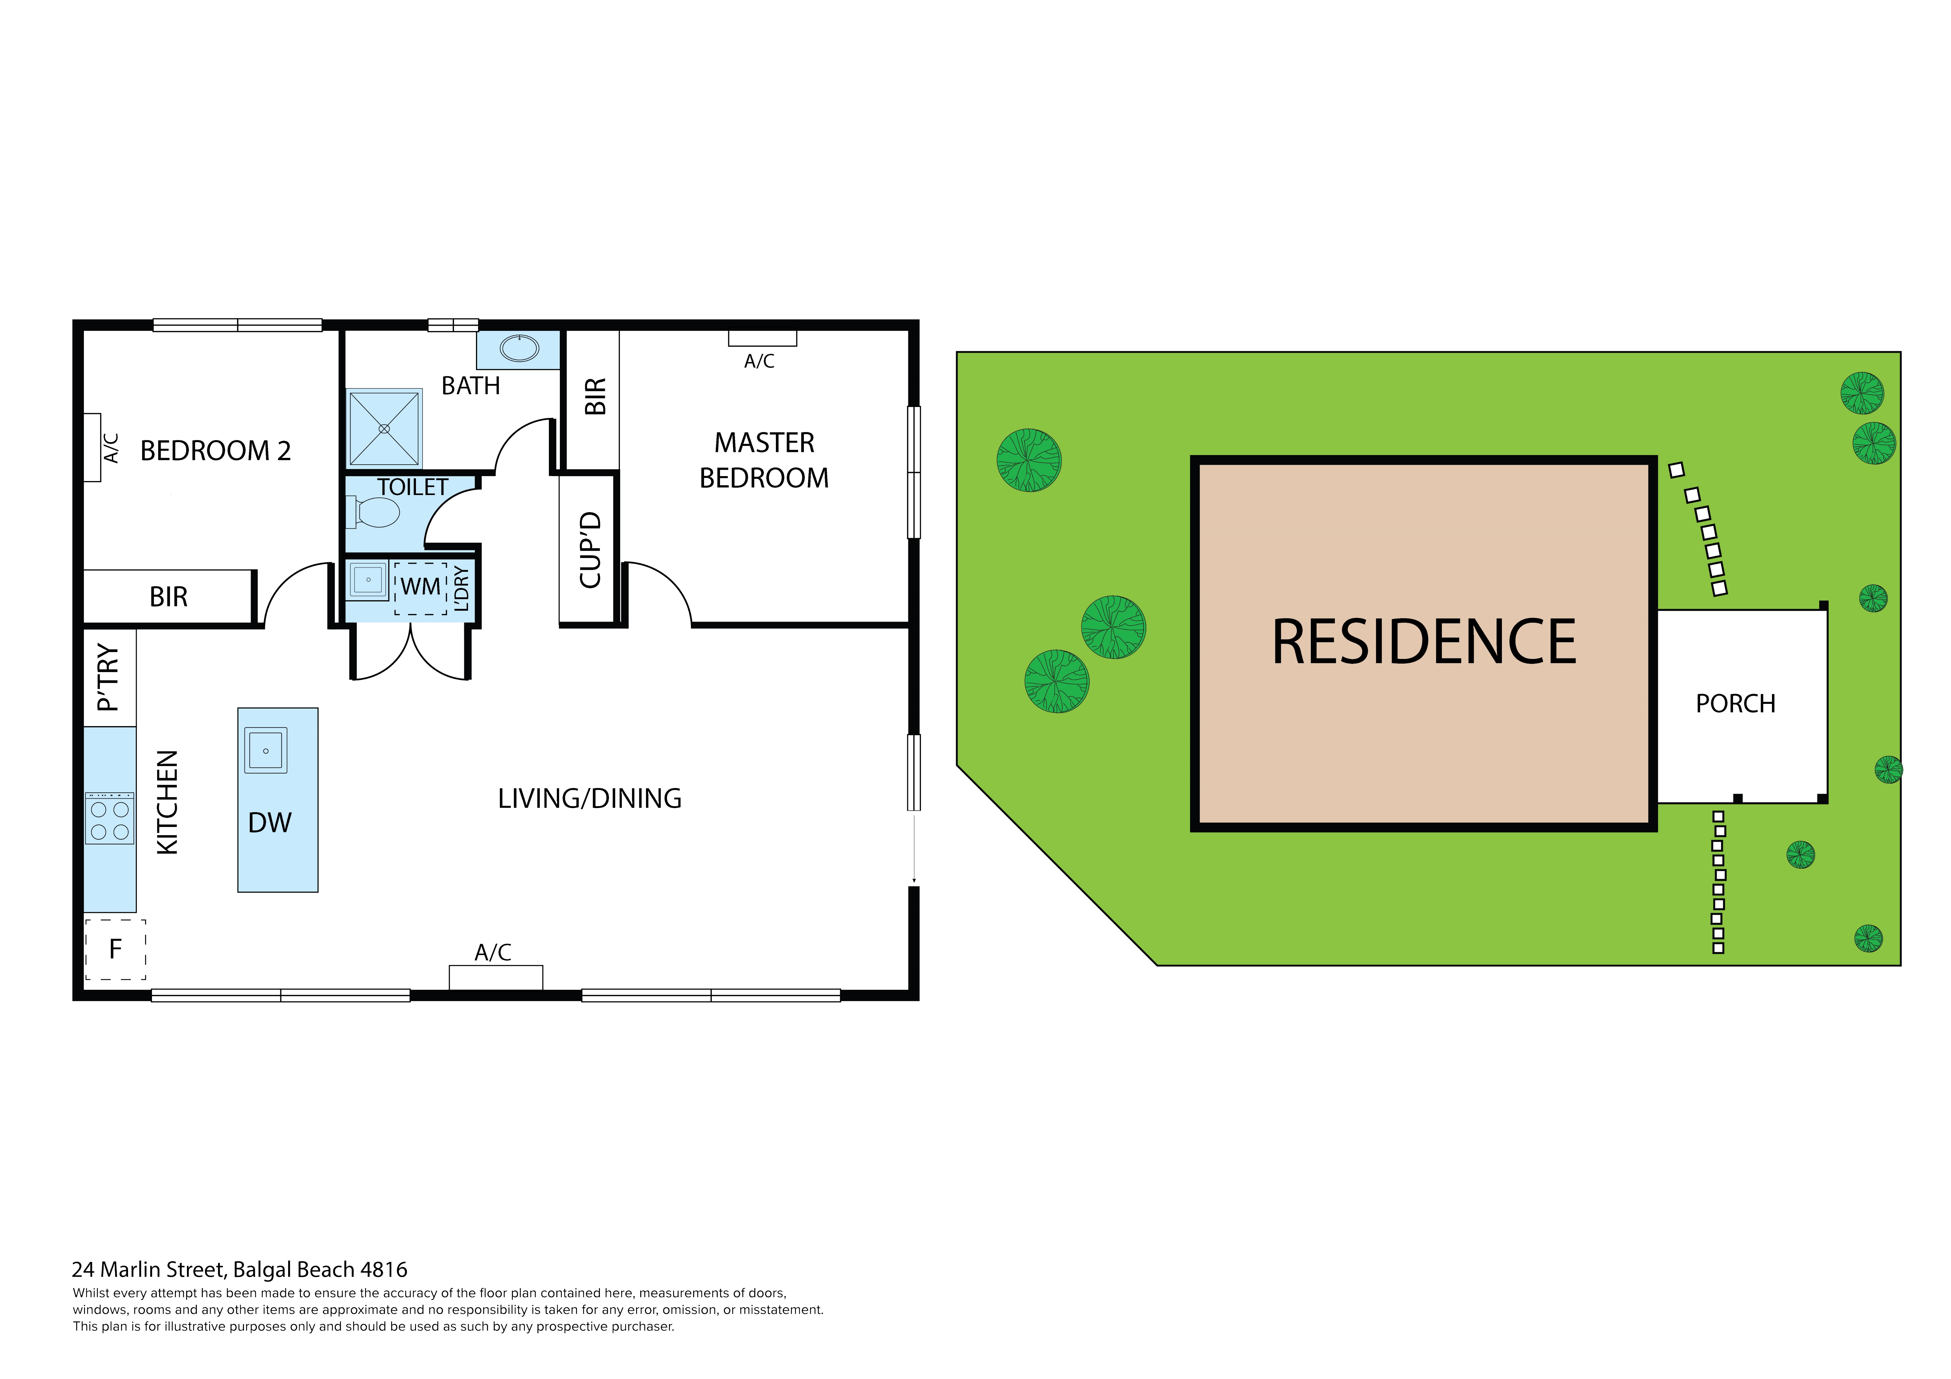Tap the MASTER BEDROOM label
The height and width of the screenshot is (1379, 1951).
click(x=764, y=460)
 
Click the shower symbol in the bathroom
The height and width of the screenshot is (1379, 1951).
click(x=384, y=428)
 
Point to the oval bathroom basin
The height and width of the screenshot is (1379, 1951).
click(x=519, y=348)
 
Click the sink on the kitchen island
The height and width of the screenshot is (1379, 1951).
click(x=266, y=750)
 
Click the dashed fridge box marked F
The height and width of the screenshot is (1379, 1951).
click(x=116, y=949)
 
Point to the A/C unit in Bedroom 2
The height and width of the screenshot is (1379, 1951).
click(x=93, y=448)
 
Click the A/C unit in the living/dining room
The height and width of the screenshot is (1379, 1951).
click(x=495, y=977)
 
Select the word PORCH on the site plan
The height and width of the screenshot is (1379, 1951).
click(x=1735, y=704)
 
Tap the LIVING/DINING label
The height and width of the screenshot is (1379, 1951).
click(x=590, y=799)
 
